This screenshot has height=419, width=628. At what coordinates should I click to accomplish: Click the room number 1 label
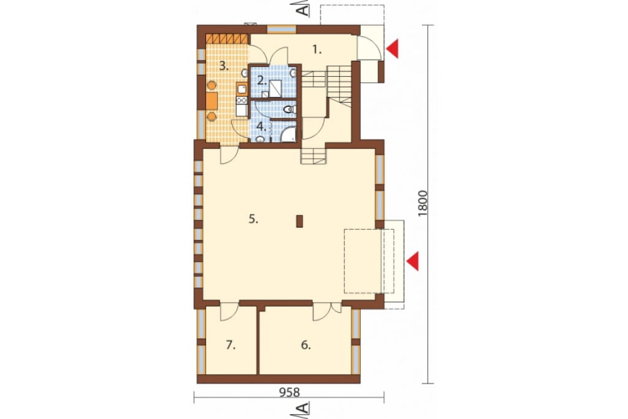[x=317, y=50]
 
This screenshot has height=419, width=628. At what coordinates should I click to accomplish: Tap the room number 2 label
[x=261, y=80]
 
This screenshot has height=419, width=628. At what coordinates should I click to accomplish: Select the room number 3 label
[x=224, y=66]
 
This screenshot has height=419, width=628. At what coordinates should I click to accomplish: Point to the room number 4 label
[x=261, y=127]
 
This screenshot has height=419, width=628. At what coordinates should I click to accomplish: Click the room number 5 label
[x=253, y=219]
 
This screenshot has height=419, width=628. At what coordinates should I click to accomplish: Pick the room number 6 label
[x=305, y=345]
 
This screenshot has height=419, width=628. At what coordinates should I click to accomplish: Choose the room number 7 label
[x=231, y=345]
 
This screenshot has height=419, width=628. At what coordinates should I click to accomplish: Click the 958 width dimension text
[x=289, y=392]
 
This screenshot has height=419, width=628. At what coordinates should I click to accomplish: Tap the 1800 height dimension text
[x=423, y=204]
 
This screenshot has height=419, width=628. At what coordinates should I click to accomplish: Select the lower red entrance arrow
[x=413, y=261]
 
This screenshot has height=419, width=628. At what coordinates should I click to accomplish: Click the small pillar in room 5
[x=299, y=222]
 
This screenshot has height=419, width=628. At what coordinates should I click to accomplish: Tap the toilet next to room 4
[x=289, y=109]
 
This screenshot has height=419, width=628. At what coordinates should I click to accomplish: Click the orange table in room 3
[x=212, y=101]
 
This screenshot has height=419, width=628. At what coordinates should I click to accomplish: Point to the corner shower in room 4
[x=288, y=135]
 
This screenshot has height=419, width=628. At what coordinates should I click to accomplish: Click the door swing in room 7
[x=229, y=312]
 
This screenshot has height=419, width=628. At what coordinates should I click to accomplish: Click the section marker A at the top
[x=304, y=8]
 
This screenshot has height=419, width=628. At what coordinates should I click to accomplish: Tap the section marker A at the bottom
[x=304, y=409]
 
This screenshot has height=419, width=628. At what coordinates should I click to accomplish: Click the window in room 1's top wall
[x=281, y=29]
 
